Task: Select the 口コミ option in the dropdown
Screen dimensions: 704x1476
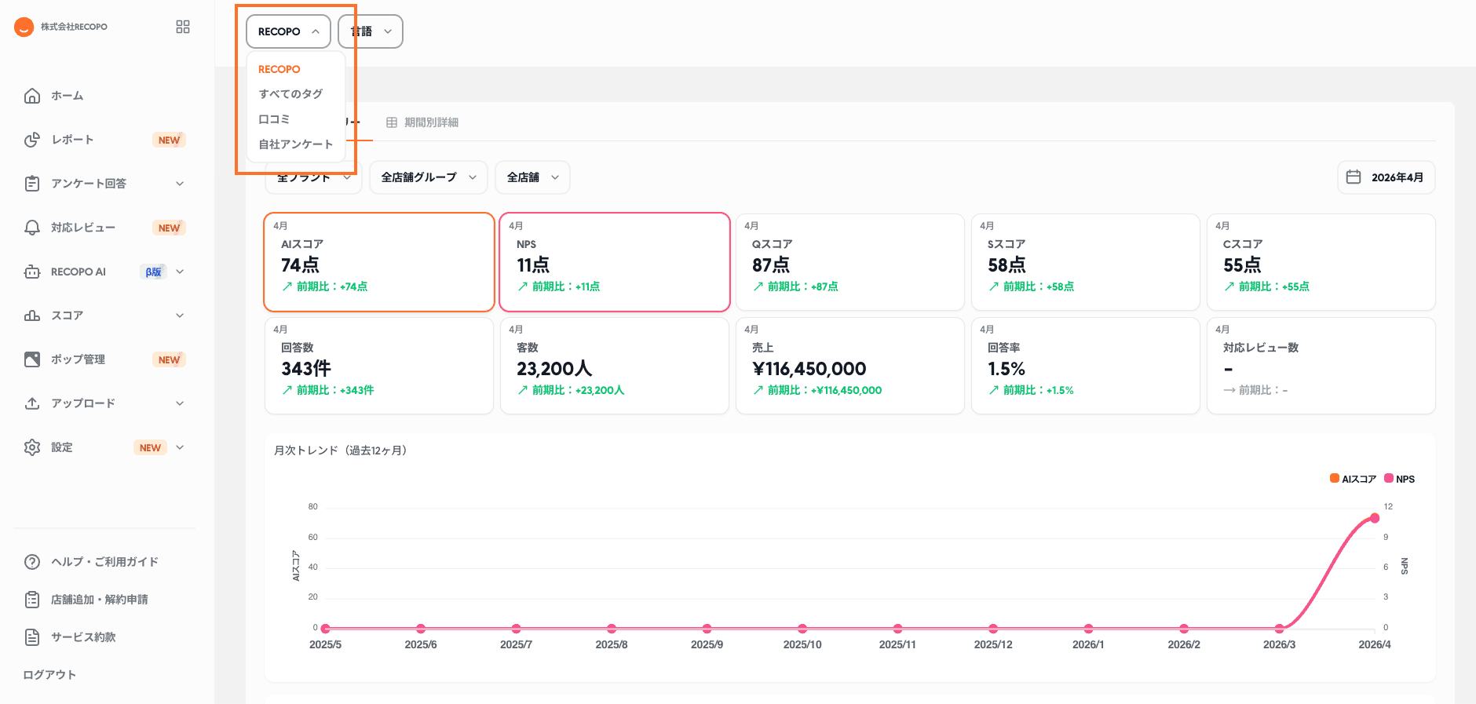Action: (x=274, y=119)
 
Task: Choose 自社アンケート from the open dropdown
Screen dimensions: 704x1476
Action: (x=295, y=144)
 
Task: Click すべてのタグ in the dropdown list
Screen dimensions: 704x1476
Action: (x=290, y=94)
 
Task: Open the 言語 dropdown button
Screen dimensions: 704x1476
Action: (x=371, y=31)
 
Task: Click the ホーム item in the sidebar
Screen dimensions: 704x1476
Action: (x=67, y=96)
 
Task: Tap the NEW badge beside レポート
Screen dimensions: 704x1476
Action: (x=169, y=140)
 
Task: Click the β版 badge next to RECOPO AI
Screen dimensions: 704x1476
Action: (x=153, y=272)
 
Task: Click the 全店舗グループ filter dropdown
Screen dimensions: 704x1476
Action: (x=428, y=177)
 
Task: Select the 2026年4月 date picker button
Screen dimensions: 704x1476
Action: (x=1386, y=177)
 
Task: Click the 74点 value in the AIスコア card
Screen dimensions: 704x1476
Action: (x=300, y=265)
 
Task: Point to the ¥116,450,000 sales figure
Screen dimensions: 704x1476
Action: (x=809, y=369)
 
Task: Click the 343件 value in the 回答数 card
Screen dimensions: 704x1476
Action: (x=306, y=369)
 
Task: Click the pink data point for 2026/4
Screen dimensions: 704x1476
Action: (x=1375, y=518)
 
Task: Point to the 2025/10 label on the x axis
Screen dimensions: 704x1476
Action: (x=802, y=644)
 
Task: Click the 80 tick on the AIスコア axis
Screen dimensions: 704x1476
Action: (x=312, y=507)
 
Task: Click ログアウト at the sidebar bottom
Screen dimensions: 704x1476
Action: (x=49, y=675)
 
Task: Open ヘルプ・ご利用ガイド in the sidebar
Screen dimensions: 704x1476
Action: (x=104, y=562)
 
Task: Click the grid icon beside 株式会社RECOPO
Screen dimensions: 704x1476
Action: (x=183, y=27)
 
